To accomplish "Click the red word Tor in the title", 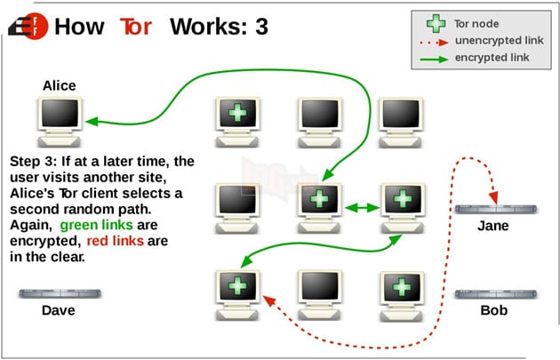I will click(x=136, y=25).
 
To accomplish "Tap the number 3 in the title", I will click(x=260, y=25).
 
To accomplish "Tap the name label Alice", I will click(x=59, y=86).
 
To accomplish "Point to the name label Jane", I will click(x=493, y=226).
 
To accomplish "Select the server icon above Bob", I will click(x=494, y=294).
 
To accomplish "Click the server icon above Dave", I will click(x=59, y=293).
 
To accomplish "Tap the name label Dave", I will click(x=59, y=311).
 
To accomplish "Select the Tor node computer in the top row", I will click(x=236, y=117).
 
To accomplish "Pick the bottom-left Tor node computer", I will click(x=236, y=290).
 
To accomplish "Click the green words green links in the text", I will click(x=96, y=225).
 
